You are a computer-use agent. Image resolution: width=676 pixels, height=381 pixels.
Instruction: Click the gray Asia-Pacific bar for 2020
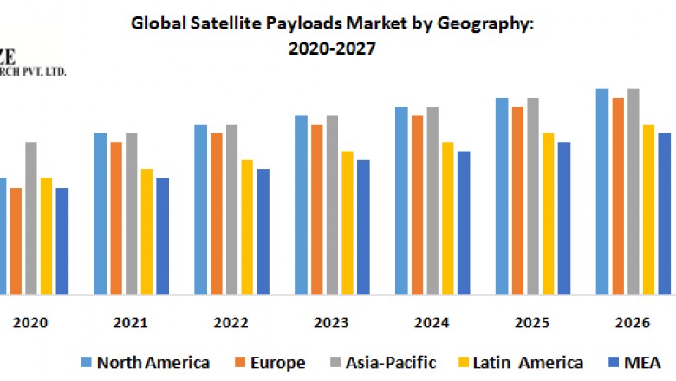pyautogui.click(x=31, y=218)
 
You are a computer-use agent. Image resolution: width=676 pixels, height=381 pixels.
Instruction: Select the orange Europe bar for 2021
pyautogui.click(x=116, y=218)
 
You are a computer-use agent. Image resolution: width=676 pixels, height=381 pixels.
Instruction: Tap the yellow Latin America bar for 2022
pyautogui.click(x=247, y=227)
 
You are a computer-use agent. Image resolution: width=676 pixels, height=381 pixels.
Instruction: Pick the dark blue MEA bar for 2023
pyautogui.click(x=363, y=227)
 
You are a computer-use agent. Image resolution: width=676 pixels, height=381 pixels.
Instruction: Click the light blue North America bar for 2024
pyautogui.click(x=401, y=201)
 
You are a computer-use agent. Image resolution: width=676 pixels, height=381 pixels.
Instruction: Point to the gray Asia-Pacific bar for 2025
pyautogui.click(x=533, y=196)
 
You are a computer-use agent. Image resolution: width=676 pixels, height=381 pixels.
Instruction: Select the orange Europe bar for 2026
pyautogui.click(x=618, y=196)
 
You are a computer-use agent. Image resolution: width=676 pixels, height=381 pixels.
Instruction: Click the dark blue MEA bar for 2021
pyautogui.click(x=162, y=236)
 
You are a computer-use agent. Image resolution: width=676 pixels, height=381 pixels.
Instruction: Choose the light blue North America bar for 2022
pyautogui.click(x=200, y=210)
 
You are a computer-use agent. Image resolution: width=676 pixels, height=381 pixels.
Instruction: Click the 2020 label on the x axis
pyautogui.click(x=31, y=323)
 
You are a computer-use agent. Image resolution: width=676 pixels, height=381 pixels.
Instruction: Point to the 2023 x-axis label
pyautogui.click(x=332, y=323)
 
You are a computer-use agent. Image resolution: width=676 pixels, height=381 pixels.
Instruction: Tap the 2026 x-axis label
pyautogui.click(x=633, y=323)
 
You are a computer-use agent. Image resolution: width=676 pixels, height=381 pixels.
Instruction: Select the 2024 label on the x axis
pyautogui.click(x=432, y=323)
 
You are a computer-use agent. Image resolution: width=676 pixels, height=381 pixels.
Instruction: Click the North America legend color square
pyautogui.click(x=86, y=362)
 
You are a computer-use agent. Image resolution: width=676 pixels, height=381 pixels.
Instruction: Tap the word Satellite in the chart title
pyautogui.click(x=215, y=25)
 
